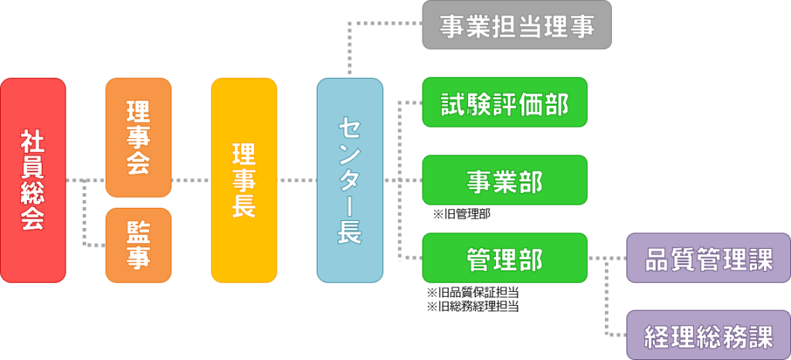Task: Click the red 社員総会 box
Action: click(32, 180)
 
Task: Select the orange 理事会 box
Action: click(138, 138)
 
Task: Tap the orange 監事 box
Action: click(138, 245)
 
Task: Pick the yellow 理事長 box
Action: click(244, 180)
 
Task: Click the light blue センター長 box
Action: click(350, 180)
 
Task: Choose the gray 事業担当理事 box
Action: click(517, 25)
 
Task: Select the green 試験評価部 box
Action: click(505, 102)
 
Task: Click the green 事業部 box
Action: click(505, 180)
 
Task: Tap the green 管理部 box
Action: click(505, 258)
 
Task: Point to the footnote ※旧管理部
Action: click(462, 214)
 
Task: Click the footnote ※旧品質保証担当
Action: click(474, 293)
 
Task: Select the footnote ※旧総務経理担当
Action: click(474, 306)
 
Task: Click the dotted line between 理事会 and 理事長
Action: click(192, 180)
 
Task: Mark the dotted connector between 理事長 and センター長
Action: click(297, 180)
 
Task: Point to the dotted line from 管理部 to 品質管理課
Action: click(607, 258)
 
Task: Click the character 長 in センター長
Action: click(350, 231)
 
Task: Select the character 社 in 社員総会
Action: click(32, 143)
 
